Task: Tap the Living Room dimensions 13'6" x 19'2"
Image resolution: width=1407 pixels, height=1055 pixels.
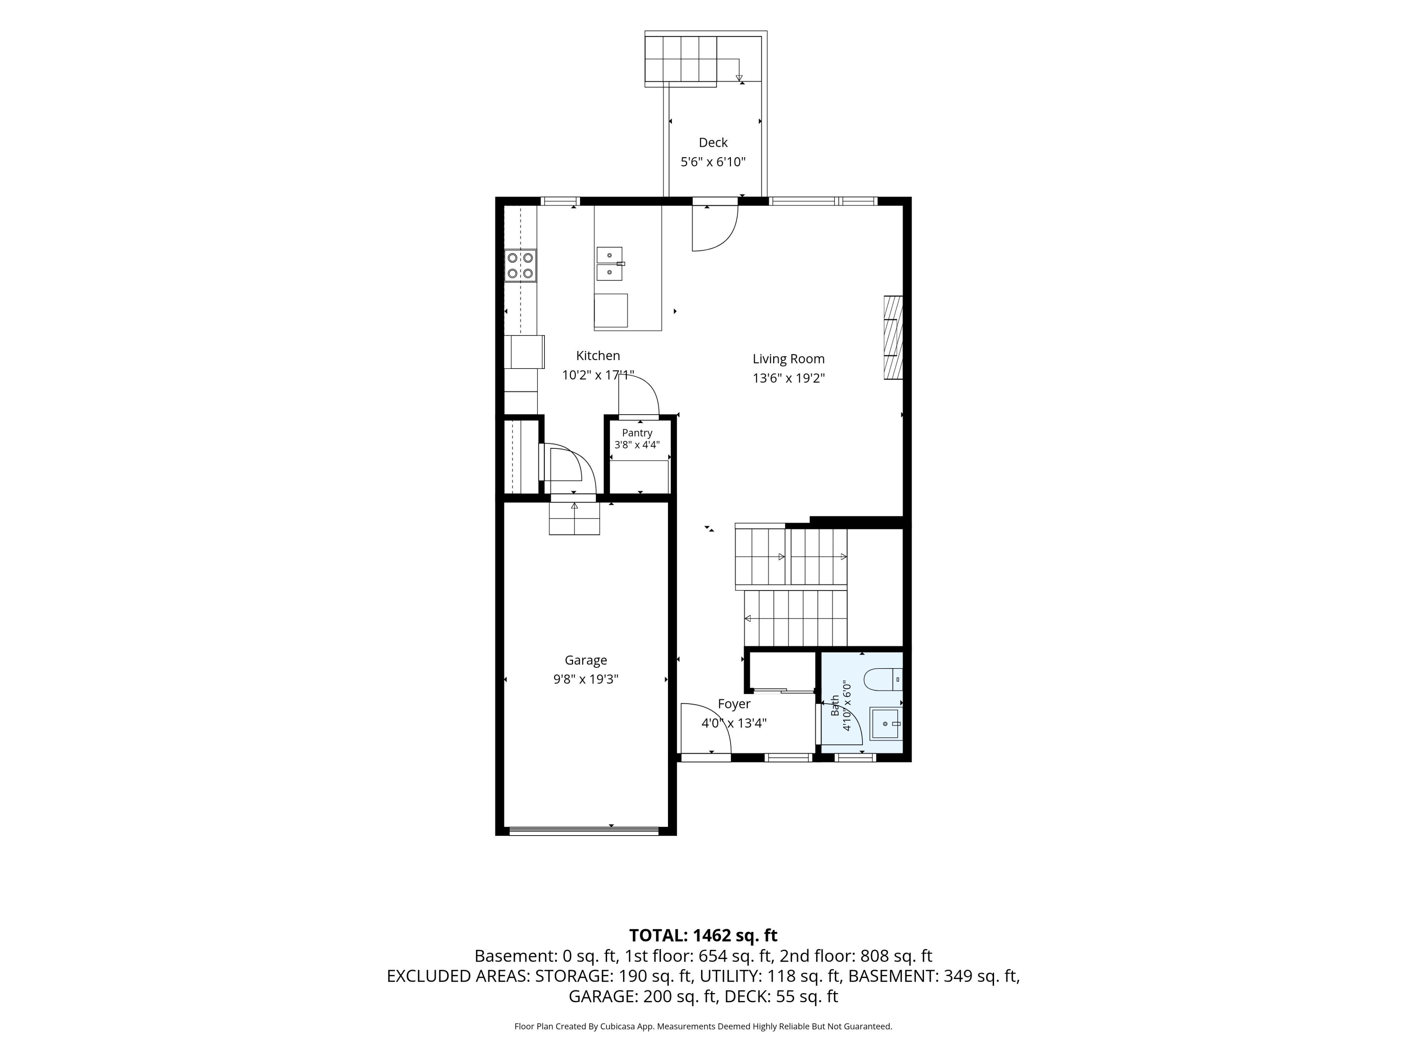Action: (x=789, y=378)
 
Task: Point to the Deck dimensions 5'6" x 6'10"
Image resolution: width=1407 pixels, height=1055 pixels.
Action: (x=713, y=162)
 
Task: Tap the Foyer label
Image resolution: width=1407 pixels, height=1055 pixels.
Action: (x=734, y=704)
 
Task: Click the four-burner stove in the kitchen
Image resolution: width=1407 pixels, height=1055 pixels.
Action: (x=520, y=266)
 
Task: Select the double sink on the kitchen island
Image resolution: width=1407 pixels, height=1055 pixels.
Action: (x=609, y=264)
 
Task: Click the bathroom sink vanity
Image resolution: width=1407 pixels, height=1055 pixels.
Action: (x=885, y=724)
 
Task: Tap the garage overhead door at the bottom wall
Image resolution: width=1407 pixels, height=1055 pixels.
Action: (x=584, y=830)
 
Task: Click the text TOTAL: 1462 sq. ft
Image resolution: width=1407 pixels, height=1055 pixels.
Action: (x=703, y=936)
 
